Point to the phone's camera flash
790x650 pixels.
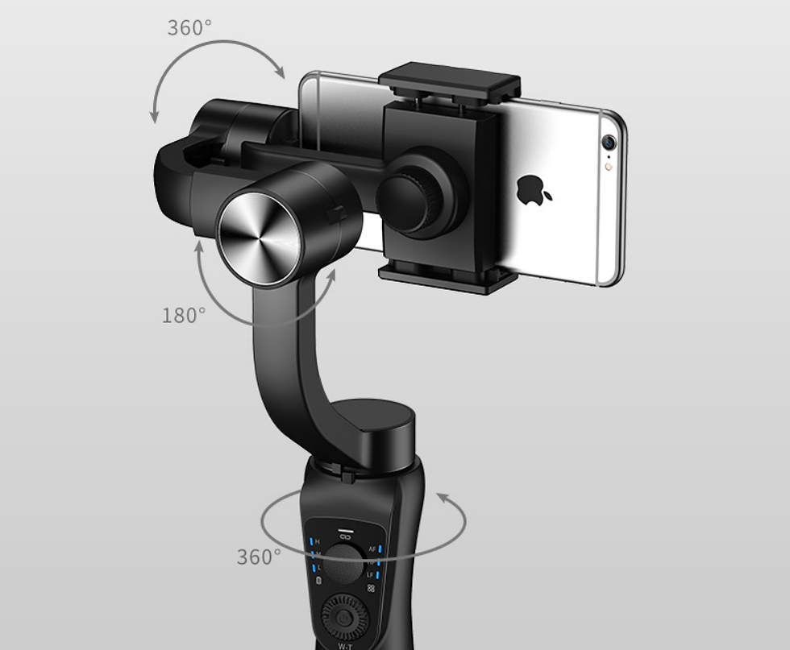pos(608,168)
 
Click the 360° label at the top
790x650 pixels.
pos(189,27)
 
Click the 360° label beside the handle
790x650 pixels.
pos(259,557)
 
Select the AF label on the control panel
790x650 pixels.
pos(372,549)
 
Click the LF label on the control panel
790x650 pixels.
pos(371,574)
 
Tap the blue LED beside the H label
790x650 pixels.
pos(309,540)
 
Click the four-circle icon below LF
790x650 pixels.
pos(371,589)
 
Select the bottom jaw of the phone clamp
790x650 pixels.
pos(447,279)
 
